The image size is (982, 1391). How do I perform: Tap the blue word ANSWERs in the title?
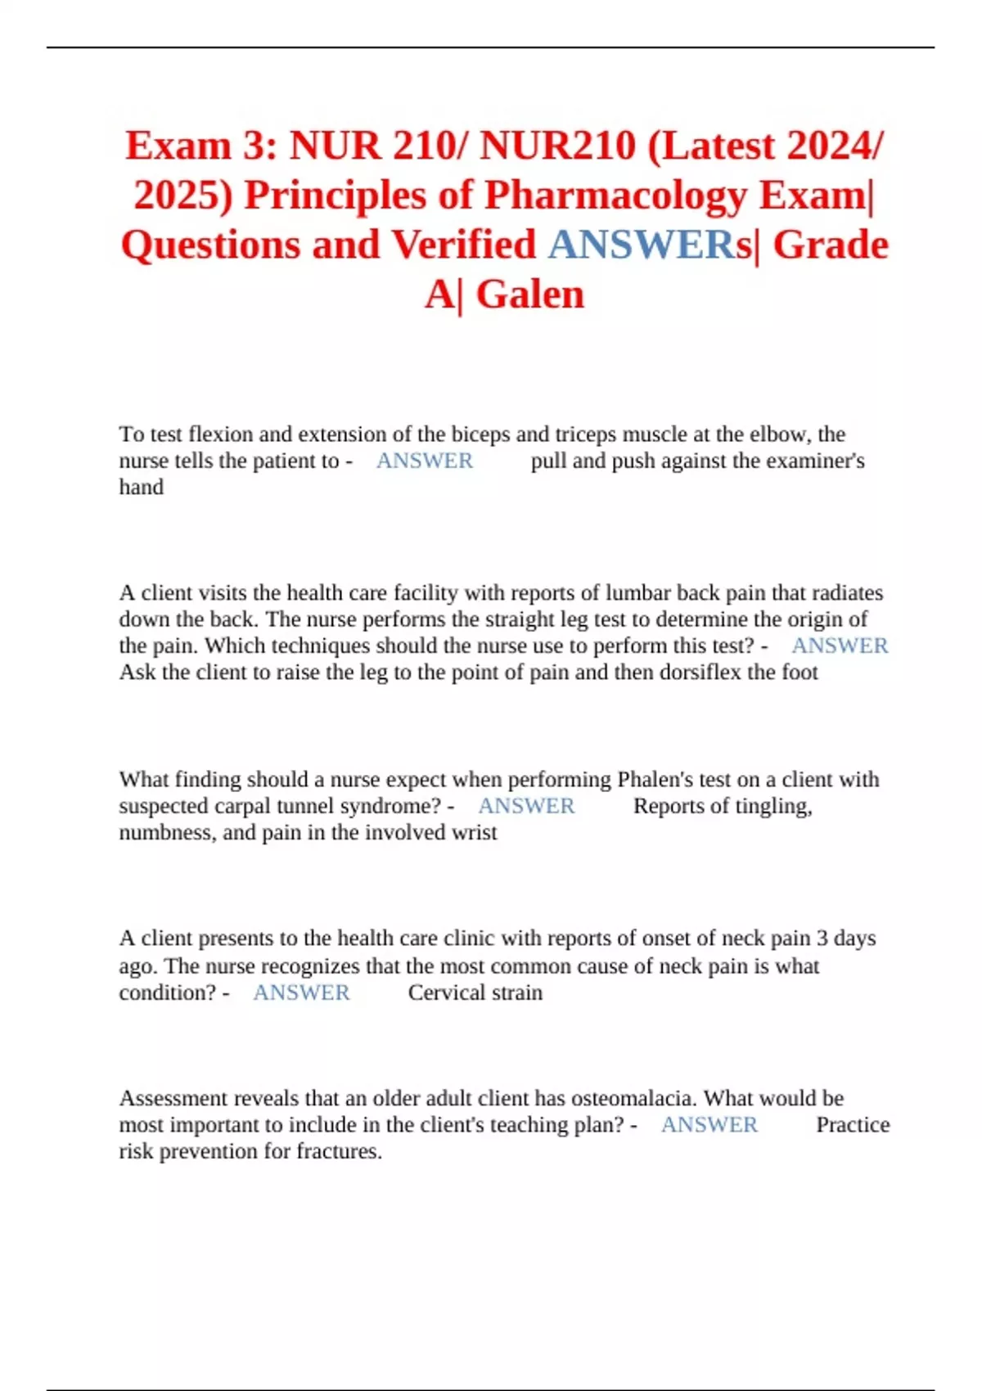[x=650, y=245]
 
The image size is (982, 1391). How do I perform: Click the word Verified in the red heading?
[x=463, y=245]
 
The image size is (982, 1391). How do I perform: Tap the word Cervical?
[x=446, y=993]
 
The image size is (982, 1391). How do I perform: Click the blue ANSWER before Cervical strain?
[x=301, y=993]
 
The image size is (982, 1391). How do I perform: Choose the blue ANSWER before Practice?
[x=709, y=1125]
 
